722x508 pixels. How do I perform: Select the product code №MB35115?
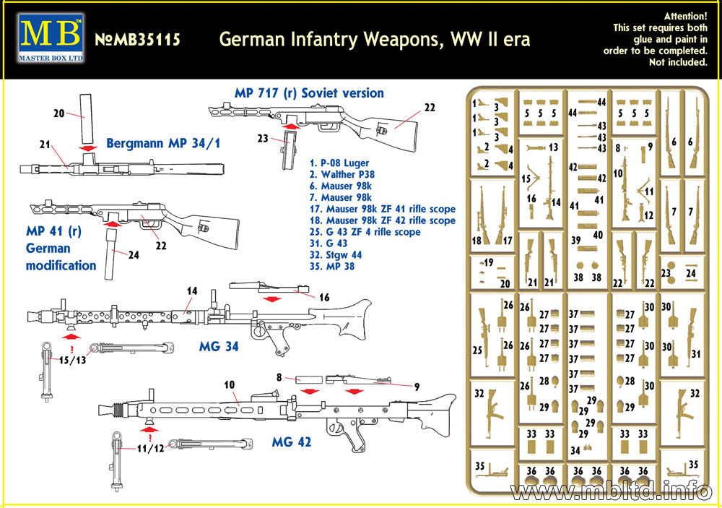pos(137,40)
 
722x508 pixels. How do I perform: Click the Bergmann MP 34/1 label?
pos(162,143)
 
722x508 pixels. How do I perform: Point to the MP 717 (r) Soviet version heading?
pos(309,93)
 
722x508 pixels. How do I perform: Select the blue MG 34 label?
pos(218,347)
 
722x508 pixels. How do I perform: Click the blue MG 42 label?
pos(291,442)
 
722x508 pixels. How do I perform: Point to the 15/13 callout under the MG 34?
pos(71,360)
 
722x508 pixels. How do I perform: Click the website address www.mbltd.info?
pos(611,491)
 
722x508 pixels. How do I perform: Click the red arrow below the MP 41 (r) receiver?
pos(112,225)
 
